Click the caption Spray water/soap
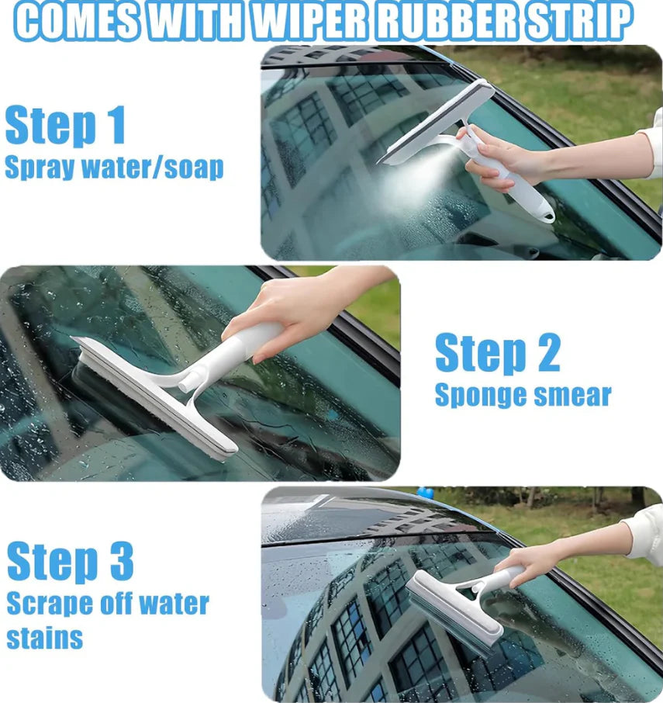click(114, 168)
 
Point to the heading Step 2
click(497, 353)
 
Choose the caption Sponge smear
click(523, 395)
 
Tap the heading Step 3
click(71, 561)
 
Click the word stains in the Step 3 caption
click(44, 638)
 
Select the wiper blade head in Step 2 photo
click(155, 396)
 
